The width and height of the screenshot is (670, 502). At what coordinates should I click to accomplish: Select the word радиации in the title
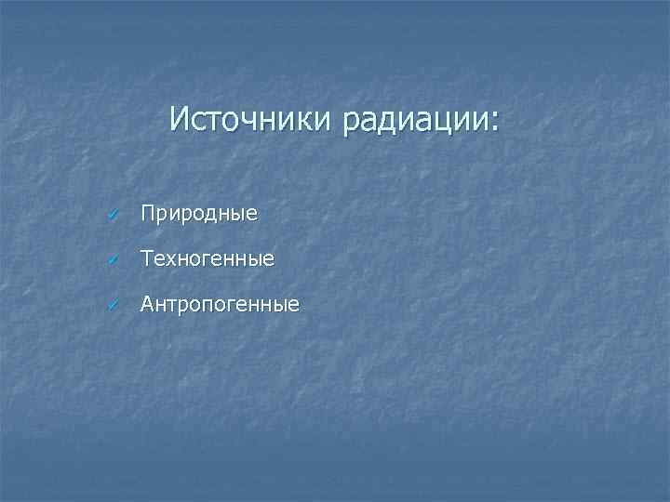tap(415, 121)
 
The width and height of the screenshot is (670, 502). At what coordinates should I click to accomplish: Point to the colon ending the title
tap(494, 123)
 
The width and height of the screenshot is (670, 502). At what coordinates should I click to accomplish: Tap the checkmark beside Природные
tap(113, 215)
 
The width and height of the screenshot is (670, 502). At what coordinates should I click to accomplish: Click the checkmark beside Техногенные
tap(113, 259)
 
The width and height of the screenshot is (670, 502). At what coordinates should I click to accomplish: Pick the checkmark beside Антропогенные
tap(113, 304)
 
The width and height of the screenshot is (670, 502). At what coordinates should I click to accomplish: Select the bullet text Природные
tap(198, 215)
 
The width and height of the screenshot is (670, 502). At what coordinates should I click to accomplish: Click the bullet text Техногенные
tap(207, 259)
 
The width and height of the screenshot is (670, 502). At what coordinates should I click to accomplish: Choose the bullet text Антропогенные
tap(220, 304)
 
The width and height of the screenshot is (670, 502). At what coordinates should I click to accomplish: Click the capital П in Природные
tap(148, 214)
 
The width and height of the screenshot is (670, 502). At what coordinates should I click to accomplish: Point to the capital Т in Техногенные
tap(147, 258)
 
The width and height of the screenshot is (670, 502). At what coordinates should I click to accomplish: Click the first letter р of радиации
tap(351, 123)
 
